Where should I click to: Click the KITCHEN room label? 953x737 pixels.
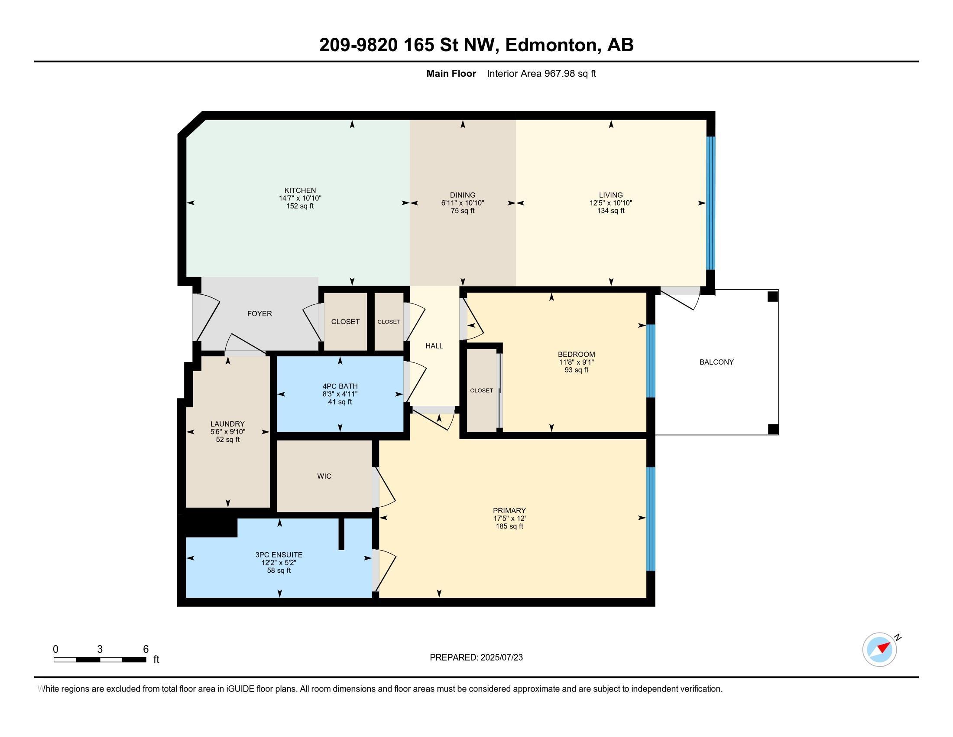coord(300,190)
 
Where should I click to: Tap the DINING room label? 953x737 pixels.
coord(463,195)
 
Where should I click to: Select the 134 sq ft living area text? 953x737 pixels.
coord(611,211)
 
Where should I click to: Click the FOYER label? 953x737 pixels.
coord(259,313)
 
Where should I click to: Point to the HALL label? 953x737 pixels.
coord(434,346)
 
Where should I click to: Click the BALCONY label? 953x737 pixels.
coord(716,362)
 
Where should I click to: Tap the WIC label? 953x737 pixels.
coord(324,476)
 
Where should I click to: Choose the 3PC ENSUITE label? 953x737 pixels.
coord(279,555)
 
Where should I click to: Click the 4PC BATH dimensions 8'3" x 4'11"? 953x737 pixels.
coord(340,394)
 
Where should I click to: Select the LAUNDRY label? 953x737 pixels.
coord(227,424)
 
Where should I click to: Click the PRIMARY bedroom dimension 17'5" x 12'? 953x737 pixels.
coord(509,519)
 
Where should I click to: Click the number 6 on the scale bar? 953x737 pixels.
coord(146,649)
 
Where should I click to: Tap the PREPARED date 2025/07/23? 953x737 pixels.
coord(501,658)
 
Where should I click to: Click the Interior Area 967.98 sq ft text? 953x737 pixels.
coord(541,74)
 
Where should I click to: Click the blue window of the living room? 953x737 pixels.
coord(711,203)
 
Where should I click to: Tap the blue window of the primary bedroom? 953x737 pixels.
coord(651,519)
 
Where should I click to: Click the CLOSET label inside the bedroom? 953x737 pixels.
coord(482,391)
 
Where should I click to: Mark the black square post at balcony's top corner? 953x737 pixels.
coord(773,297)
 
